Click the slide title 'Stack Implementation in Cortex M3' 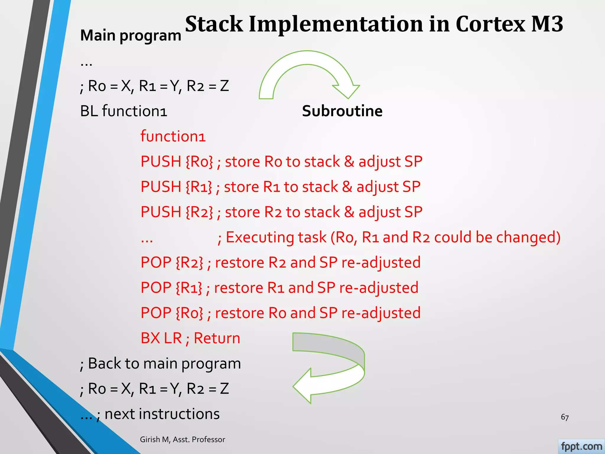[374, 24]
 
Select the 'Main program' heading [131, 36]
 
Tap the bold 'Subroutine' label [342, 111]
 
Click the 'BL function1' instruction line [123, 111]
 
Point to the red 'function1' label [173, 137]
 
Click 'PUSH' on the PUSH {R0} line [161, 162]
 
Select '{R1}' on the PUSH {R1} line [199, 187]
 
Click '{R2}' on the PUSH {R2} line [199, 212]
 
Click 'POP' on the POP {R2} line [156, 262]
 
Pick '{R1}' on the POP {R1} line [189, 288]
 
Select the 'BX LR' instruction [161, 338]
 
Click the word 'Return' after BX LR [217, 338]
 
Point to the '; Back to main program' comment [160, 364]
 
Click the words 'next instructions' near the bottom [162, 414]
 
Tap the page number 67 [565, 417]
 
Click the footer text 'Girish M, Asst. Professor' [182, 440]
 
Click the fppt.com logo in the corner [581, 446]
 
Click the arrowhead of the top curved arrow [347, 91]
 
